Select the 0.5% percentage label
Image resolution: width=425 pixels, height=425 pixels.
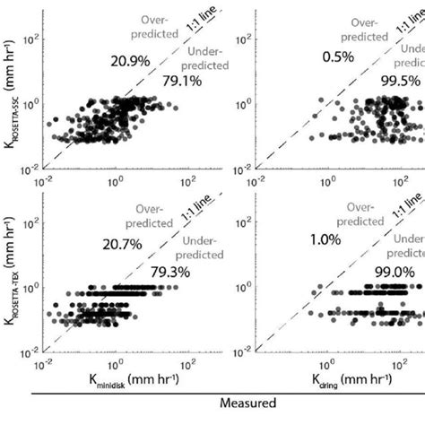tap(337, 58)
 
